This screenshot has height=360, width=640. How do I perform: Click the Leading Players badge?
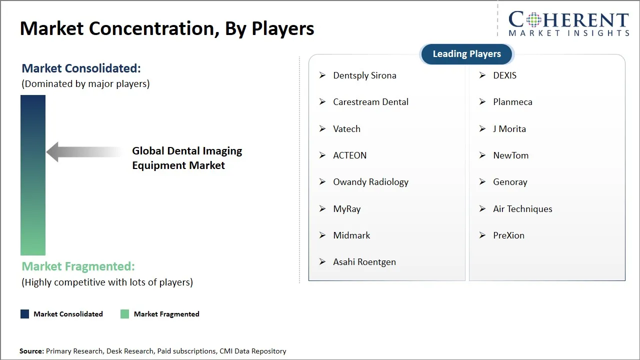466,54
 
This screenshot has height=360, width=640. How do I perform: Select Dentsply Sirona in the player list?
364,75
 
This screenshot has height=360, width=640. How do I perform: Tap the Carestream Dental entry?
370,102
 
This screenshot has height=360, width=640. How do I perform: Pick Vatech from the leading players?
346,129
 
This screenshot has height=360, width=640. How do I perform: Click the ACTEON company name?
349,155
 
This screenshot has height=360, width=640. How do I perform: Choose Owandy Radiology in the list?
370,182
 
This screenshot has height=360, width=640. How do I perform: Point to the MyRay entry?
346,209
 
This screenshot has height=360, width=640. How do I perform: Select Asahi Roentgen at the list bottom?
364,262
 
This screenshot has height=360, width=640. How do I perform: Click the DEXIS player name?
504,75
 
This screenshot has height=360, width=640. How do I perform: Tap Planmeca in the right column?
512,102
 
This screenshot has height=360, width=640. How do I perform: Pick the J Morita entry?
509,129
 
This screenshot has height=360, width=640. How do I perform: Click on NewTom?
510,155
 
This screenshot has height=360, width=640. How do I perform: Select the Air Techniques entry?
522,209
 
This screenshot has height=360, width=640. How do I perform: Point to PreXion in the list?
508,235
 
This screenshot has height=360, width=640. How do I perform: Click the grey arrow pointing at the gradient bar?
82,152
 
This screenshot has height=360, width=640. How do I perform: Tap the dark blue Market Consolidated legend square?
25,314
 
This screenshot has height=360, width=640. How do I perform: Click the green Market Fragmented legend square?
125,314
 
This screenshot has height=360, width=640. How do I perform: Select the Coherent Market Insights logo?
568,23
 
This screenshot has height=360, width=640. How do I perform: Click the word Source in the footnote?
31,351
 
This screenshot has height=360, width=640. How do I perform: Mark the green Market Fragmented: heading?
78,266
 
